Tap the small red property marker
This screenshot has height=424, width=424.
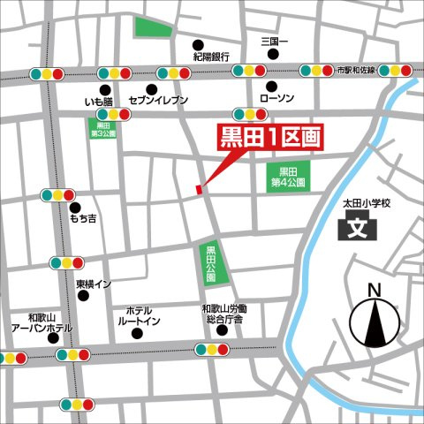pyautogui.click(x=200, y=187)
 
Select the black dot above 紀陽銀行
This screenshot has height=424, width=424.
pyautogui.click(x=198, y=45)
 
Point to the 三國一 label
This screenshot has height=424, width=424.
pyautogui.click(x=275, y=42)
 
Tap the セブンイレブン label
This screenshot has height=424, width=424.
pyautogui.click(x=158, y=101)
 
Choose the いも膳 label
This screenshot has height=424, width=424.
pyautogui.click(x=100, y=102)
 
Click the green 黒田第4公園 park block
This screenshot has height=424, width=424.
pyautogui.click(x=286, y=177)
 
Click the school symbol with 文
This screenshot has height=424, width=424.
pyautogui.click(x=358, y=229)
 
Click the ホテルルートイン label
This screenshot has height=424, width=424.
pyautogui.click(x=140, y=317)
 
